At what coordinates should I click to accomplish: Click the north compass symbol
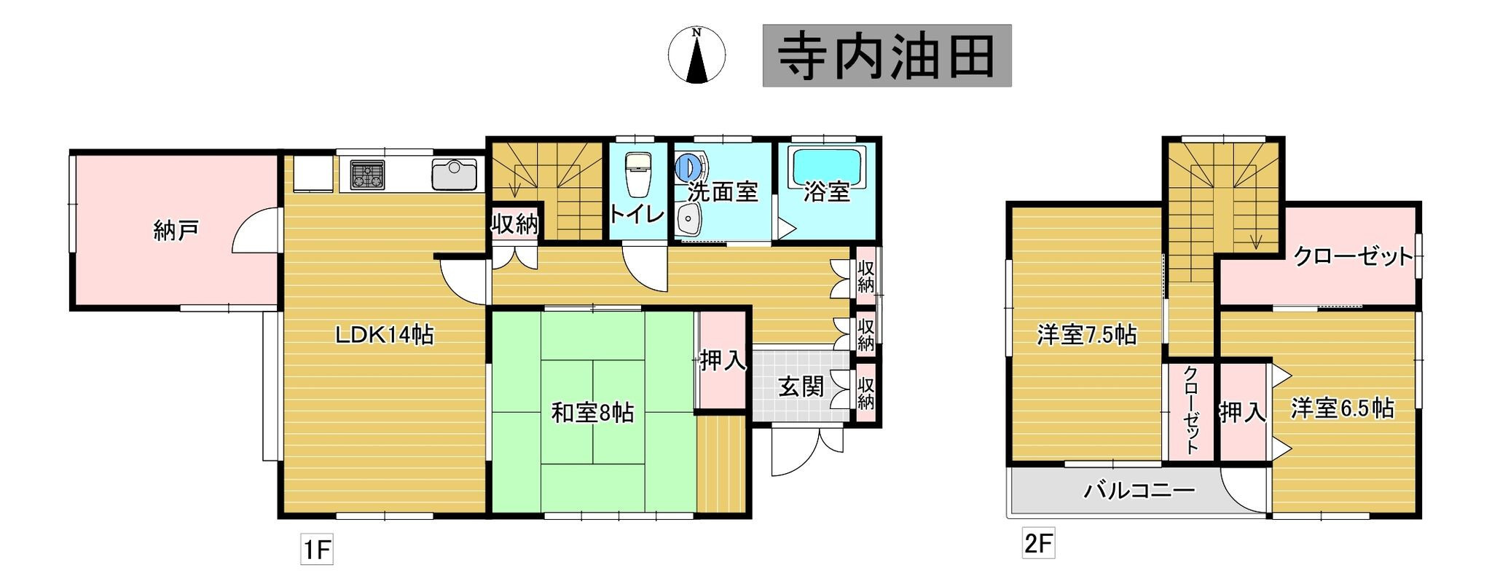coord(696,55)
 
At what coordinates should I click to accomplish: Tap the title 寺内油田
coord(887,56)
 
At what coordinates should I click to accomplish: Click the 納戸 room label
coord(176,231)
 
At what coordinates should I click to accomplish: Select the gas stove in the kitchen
coord(368,175)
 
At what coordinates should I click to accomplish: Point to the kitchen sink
coord(454,175)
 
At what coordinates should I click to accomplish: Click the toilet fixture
coord(638,174)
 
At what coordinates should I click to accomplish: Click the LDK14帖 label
coord(384,335)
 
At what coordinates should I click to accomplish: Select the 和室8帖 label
coord(592,413)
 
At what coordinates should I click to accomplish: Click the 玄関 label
coord(801,387)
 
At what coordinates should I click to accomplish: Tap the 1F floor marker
coord(317,550)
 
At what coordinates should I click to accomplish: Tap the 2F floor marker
coord(1038,544)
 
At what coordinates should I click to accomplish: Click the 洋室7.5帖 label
coord(1087,335)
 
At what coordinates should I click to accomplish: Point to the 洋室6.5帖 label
coord(1343,408)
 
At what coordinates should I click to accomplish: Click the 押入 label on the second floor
coord(1243,413)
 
